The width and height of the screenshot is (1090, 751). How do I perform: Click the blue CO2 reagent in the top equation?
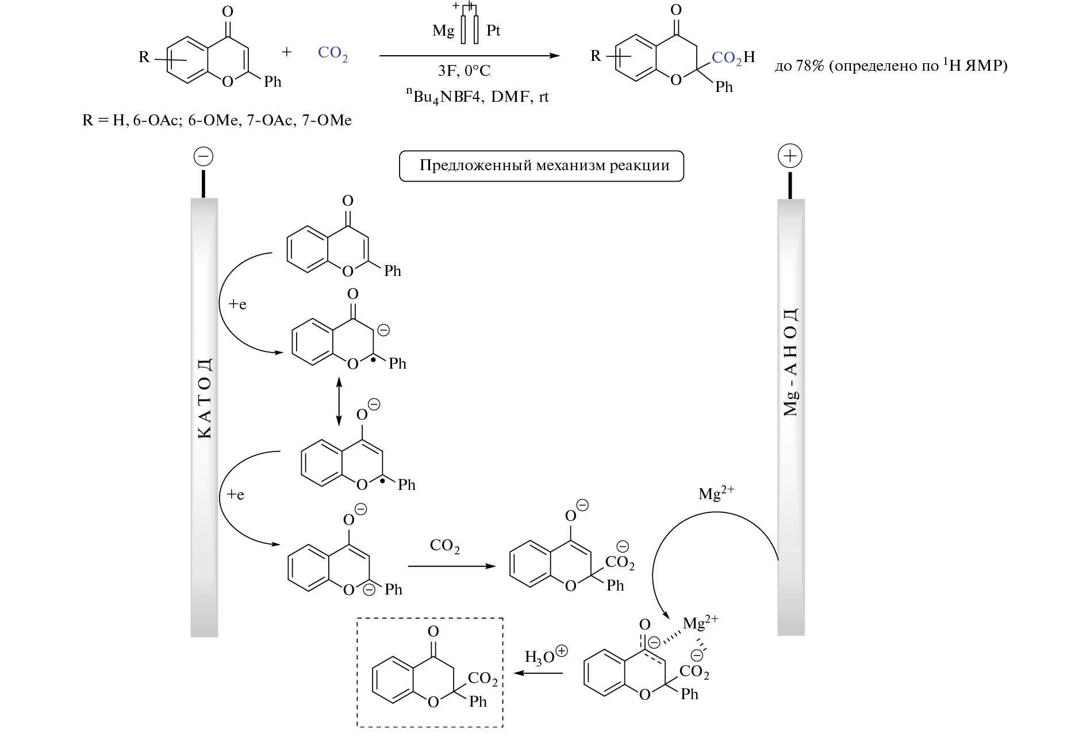332,53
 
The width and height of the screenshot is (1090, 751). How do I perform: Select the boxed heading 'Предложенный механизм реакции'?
542,166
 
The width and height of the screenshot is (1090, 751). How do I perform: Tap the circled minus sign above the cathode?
204,156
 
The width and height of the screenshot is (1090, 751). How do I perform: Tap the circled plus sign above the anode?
790,156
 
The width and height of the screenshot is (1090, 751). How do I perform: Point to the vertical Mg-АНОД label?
791,362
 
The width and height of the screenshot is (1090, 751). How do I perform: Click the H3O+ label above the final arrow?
545,656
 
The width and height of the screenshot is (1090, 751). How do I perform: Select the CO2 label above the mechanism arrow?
444,546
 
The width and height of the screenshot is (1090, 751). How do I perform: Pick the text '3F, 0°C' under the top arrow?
465,71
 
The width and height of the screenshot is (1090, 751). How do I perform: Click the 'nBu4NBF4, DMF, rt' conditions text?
477,95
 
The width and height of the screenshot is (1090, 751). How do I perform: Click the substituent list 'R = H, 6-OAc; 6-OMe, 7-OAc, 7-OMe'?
217,120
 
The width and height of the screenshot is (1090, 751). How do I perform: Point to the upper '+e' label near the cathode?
237,304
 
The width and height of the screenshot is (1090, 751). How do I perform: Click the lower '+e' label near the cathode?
235,495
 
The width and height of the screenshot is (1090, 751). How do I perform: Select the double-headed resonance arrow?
339,401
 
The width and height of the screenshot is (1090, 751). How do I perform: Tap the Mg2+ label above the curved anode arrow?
716,493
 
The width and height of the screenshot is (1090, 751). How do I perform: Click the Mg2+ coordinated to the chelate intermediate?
700,622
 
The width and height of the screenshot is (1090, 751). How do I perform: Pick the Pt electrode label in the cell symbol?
493,30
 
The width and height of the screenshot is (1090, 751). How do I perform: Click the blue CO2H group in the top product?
733,57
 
